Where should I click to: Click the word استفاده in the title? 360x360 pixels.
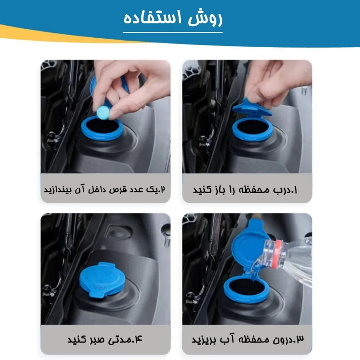(x=153, y=18)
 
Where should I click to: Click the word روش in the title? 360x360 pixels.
(x=205, y=19)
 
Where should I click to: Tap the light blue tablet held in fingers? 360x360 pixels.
(x=103, y=112)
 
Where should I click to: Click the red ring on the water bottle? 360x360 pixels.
(x=279, y=254)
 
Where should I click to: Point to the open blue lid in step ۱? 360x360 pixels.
(x=252, y=108)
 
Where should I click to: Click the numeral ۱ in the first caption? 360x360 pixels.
(x=295, y=190)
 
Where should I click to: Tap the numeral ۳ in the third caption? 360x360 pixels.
(x=300, y=339)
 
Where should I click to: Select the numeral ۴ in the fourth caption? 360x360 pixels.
(x=139, y=339)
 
